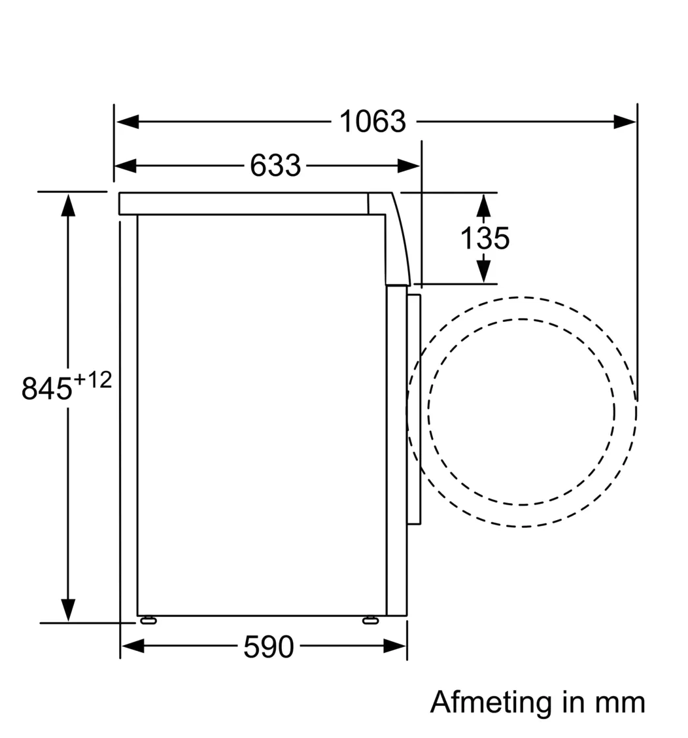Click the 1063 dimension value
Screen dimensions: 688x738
[x=372, y=122]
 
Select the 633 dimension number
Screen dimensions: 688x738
[x=275, y=166]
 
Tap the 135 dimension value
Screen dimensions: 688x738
[x=485, y=237]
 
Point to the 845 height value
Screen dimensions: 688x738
[x=46, y=388]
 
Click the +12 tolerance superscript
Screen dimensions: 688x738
[x=93, y=380]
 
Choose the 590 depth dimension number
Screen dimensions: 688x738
[x=269, y=646]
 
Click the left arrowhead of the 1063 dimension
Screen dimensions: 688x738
[x=127, y=122]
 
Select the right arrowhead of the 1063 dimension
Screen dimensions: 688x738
[x=625, y=122]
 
